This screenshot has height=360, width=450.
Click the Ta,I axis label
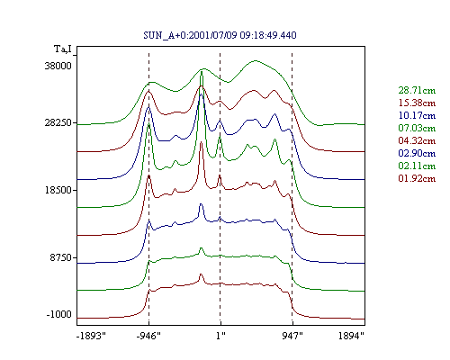[63, 49]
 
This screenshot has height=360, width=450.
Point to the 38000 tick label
[58, 66]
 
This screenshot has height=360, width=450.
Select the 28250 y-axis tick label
[58, 122]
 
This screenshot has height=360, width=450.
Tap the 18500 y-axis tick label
[58, 190]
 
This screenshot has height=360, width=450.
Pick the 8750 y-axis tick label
[61, 257]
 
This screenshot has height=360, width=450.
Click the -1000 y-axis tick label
[59, 314]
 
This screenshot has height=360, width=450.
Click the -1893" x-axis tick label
[91, 336]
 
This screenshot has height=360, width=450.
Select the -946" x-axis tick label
[148, 336]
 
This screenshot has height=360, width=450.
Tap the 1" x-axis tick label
[220, 336]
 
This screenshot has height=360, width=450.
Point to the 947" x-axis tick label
[292, 336]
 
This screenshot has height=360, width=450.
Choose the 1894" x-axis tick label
[351, 336]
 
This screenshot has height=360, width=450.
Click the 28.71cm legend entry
[417, 90]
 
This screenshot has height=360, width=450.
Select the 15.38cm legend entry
[417, 103]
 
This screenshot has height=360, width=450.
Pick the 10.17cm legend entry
[417, 115]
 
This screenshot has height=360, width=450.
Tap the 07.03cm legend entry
[417, 128]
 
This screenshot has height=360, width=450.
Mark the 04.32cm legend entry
[417, 140]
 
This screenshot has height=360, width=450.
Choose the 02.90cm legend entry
[417, 153]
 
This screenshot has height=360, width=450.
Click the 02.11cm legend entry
[417, 166]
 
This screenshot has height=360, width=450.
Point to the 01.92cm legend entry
[417, 178]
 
